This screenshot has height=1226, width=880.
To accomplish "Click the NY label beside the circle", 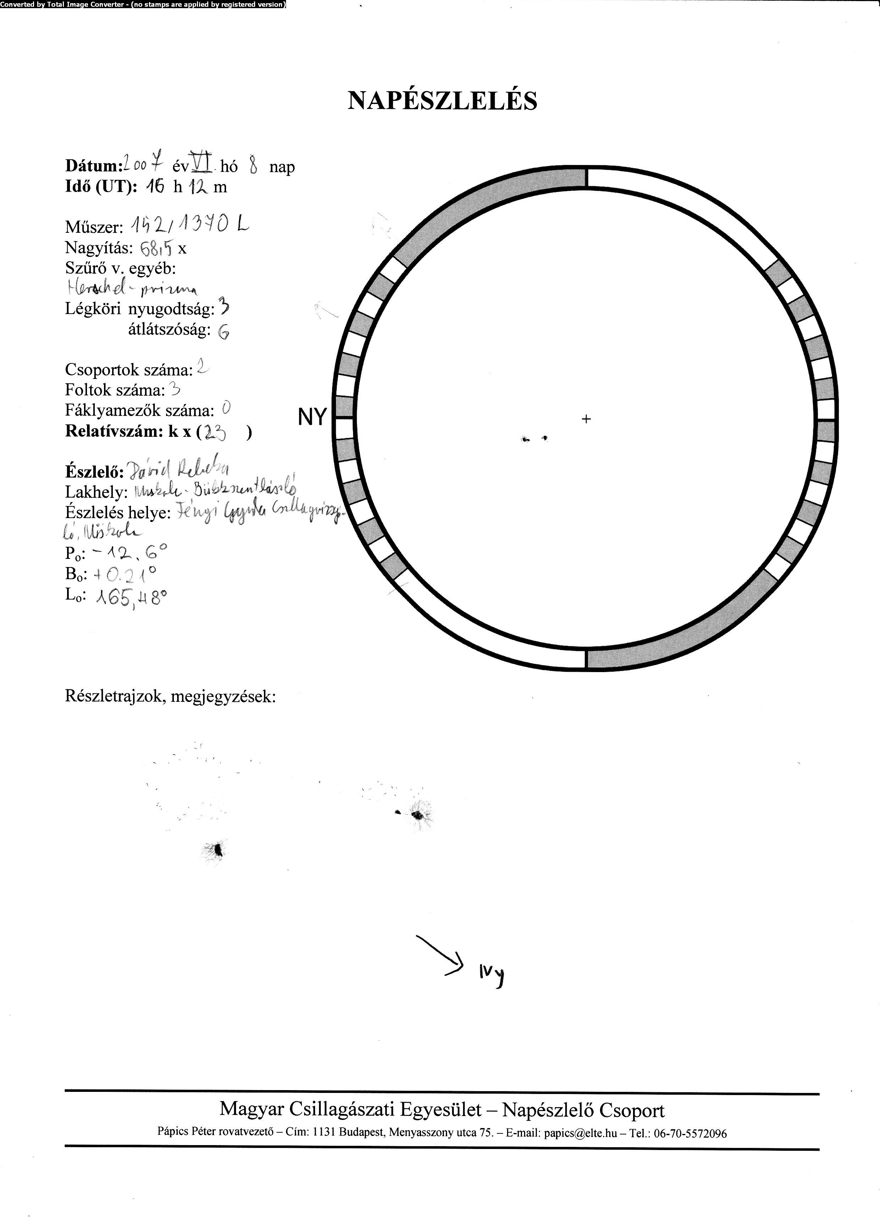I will point(312,417).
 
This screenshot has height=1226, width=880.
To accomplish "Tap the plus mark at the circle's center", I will point(586,418).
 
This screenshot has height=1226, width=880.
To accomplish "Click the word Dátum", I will point(91,166).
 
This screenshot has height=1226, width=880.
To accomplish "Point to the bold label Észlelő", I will point(92,472).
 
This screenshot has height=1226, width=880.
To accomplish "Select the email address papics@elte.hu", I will point(580,1134).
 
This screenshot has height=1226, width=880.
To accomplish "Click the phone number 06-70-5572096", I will point(690,1134).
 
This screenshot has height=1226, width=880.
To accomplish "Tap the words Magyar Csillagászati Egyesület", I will point(350,1110).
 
